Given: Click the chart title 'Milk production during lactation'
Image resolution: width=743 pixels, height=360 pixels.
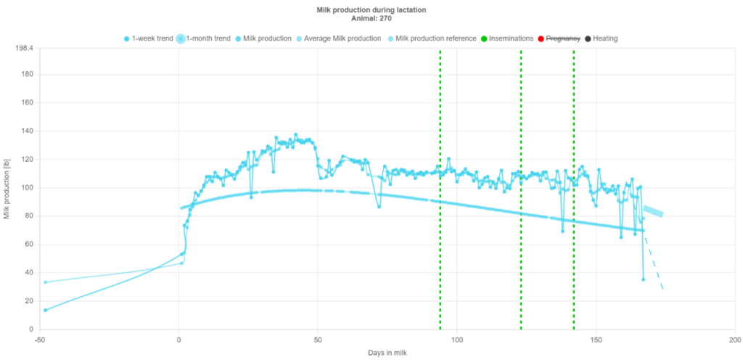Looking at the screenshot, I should click(371, 10).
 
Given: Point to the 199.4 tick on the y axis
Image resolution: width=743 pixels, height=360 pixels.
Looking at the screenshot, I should click(26, 48).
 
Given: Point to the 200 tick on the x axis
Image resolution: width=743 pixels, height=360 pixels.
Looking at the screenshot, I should click(734, 339).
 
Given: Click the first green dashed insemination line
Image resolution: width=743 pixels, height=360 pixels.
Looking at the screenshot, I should click(440, 218).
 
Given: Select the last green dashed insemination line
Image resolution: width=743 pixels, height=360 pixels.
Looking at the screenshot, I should click(574, 218).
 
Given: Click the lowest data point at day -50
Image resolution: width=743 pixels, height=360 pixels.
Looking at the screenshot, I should click(46, 310).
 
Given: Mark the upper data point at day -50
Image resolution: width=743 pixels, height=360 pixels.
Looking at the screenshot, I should click(46, 282).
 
